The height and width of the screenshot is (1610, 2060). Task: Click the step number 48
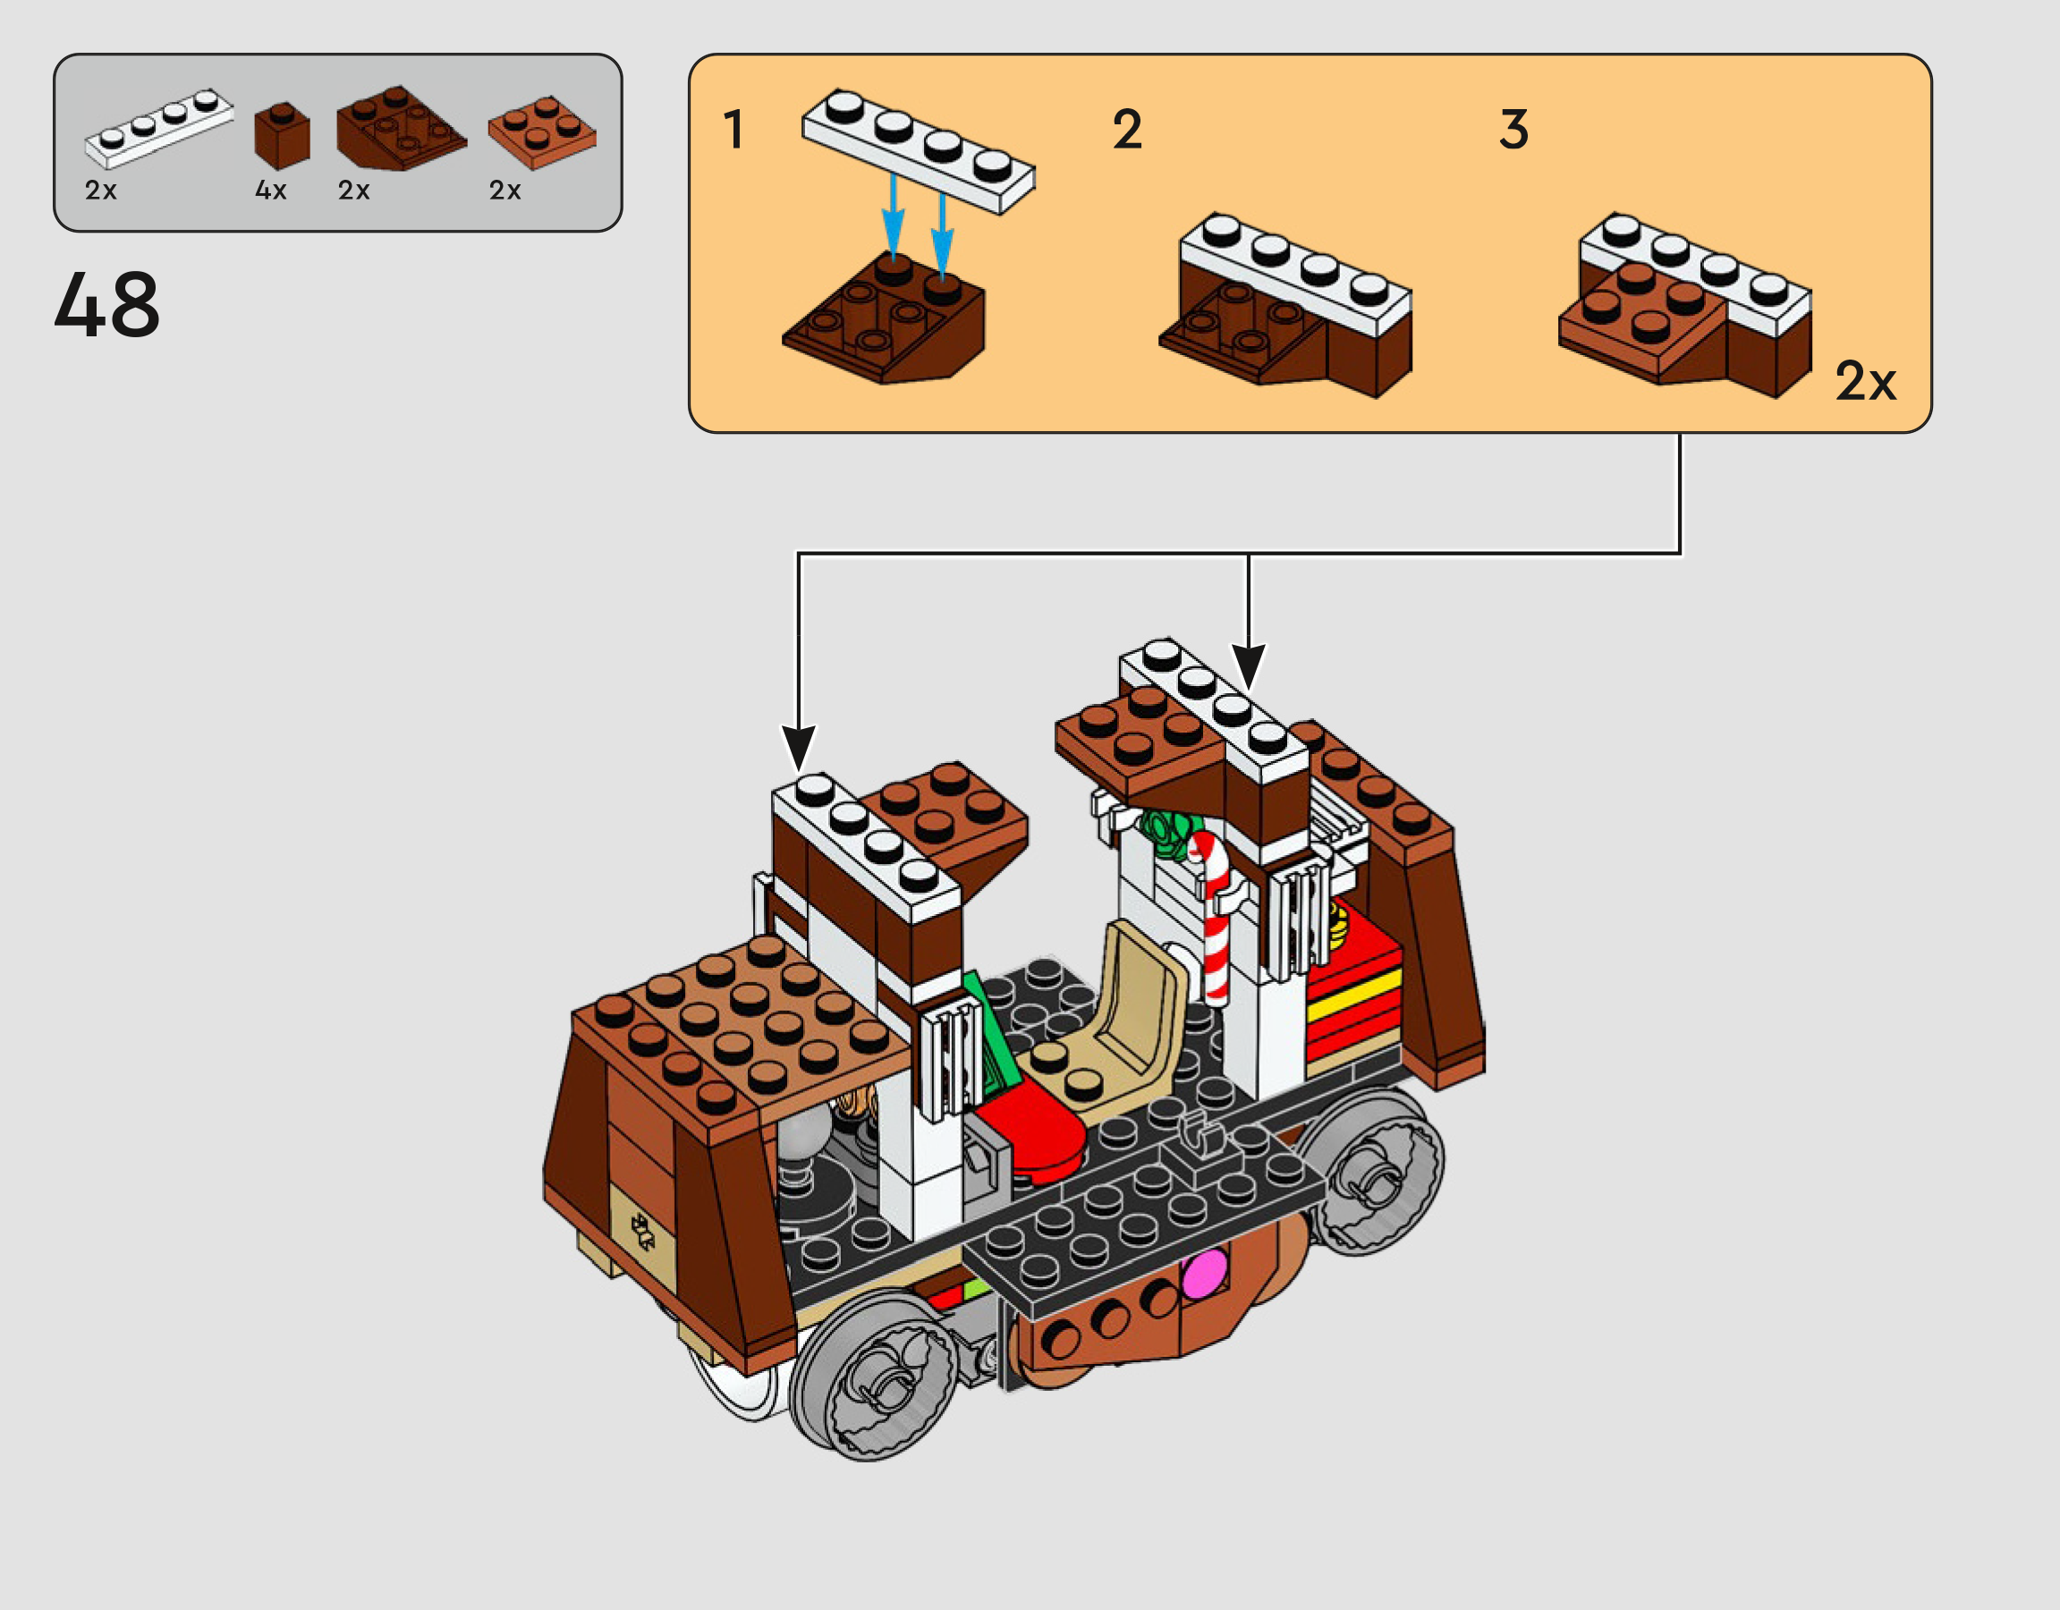click(106, 304)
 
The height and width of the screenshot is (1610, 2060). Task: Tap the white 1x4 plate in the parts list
click(158, 127)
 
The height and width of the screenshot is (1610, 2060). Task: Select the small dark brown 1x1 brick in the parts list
click(282, 136)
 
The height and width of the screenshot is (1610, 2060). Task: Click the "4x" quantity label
click(271, 191)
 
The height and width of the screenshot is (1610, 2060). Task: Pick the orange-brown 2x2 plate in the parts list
click(541, 132)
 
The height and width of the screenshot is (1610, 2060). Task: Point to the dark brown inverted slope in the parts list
click(401, 128)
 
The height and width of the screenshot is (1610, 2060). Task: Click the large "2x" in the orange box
click(1865, 381)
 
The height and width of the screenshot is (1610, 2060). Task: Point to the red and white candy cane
click(1215, 915)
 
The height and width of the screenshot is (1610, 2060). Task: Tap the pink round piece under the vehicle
click(1206, 1274)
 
